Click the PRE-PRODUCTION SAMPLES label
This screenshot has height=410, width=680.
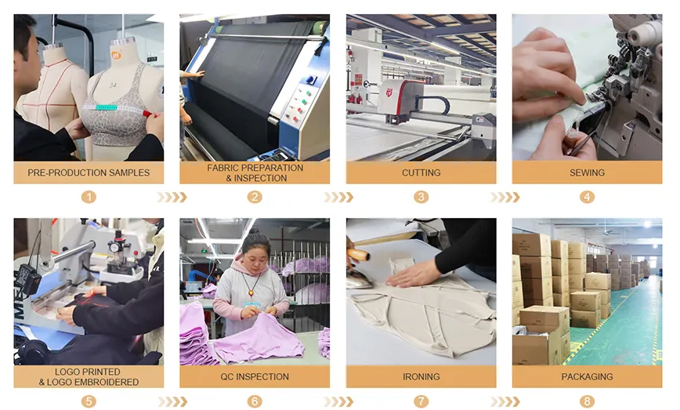tap(89, 172)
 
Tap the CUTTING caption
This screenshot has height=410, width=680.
tap(421, 172)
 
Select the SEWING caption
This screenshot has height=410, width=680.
tap(587, 172)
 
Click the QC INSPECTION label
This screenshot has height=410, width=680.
tap(255, 376)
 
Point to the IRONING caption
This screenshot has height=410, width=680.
tap(421, 376)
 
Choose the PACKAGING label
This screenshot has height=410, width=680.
tap(587, 376)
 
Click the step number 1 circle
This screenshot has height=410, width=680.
tap(89, 197)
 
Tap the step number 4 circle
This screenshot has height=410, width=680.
tap(587, 197)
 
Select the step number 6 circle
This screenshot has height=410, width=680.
tap(255, 401)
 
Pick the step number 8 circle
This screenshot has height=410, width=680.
tap(587, 401)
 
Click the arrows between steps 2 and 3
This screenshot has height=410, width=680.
tap(338, 197)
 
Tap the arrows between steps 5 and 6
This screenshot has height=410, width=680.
tap(172, 401)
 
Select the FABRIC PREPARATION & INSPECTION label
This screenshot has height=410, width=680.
tap(255, 172)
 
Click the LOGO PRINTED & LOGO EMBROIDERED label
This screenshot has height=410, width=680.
tap(89, 376)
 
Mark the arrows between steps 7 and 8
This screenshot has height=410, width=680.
tap(505, 401)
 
